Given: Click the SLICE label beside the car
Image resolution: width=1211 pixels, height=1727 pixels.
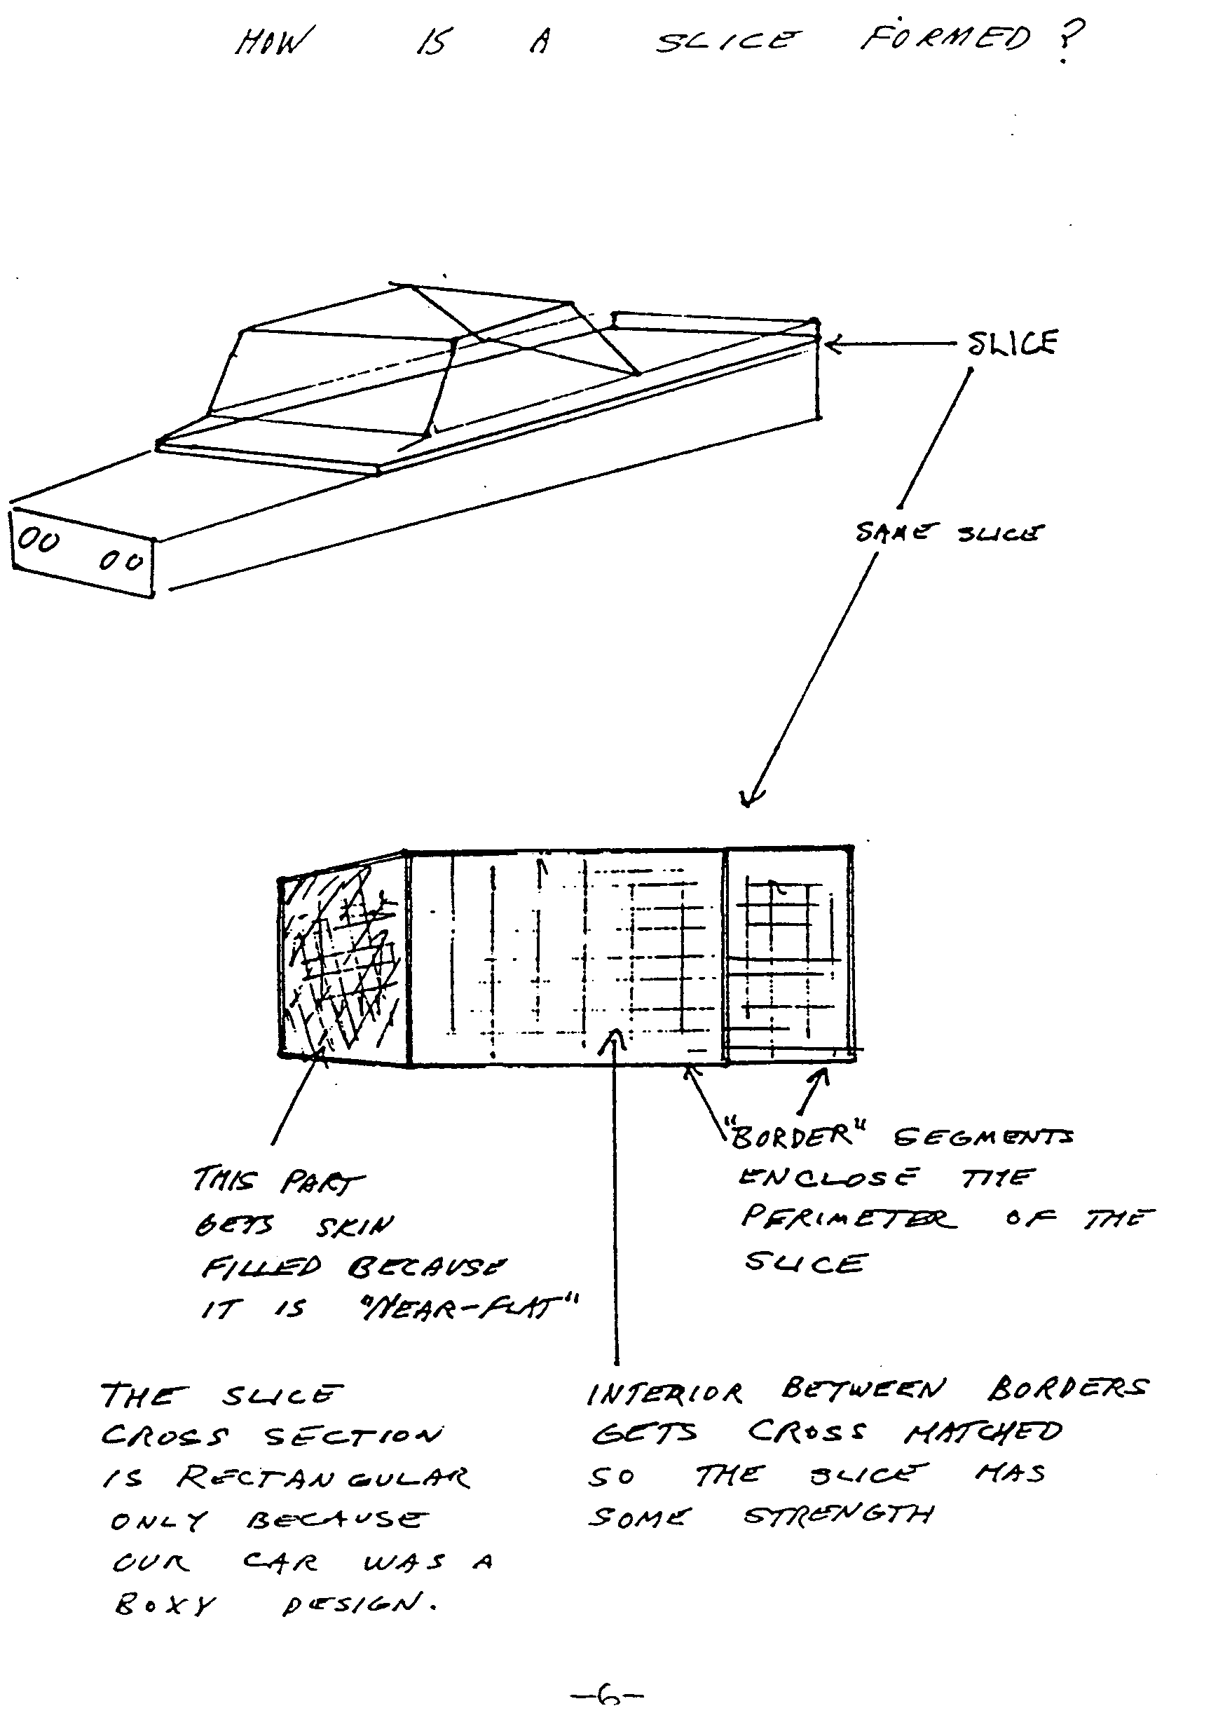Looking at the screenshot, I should pos(1012,343).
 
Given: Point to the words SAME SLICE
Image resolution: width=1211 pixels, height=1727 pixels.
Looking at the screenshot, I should pos(949,533).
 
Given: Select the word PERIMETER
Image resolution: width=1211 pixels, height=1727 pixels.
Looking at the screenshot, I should pos(849,1217).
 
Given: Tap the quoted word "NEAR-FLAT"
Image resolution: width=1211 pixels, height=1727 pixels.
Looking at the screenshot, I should pos(468,1309).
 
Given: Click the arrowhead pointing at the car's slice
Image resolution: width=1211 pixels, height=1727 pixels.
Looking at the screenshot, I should pos(830,346).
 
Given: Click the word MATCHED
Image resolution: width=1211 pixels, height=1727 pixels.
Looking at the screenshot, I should pos(984,1433).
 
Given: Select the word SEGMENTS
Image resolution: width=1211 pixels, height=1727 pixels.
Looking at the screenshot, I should pos(984,1138).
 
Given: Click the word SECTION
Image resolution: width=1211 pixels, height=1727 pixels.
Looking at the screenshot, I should pos(353,1436).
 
